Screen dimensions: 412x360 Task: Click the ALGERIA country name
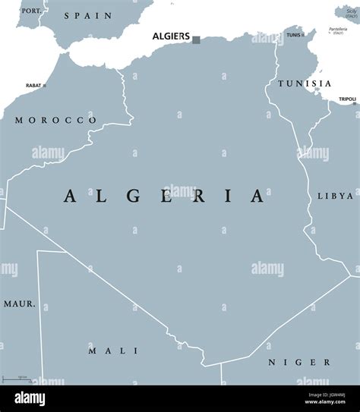163,196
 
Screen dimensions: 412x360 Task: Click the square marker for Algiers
197,39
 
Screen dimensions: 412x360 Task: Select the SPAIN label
88,15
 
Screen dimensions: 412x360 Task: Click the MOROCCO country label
55,120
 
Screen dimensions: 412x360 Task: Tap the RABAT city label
33,86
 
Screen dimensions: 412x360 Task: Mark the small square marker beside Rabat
45,86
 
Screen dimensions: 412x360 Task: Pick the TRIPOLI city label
347,99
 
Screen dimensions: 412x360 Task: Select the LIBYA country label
335,196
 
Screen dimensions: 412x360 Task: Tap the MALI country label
112,351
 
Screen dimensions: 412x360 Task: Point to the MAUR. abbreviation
19,303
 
